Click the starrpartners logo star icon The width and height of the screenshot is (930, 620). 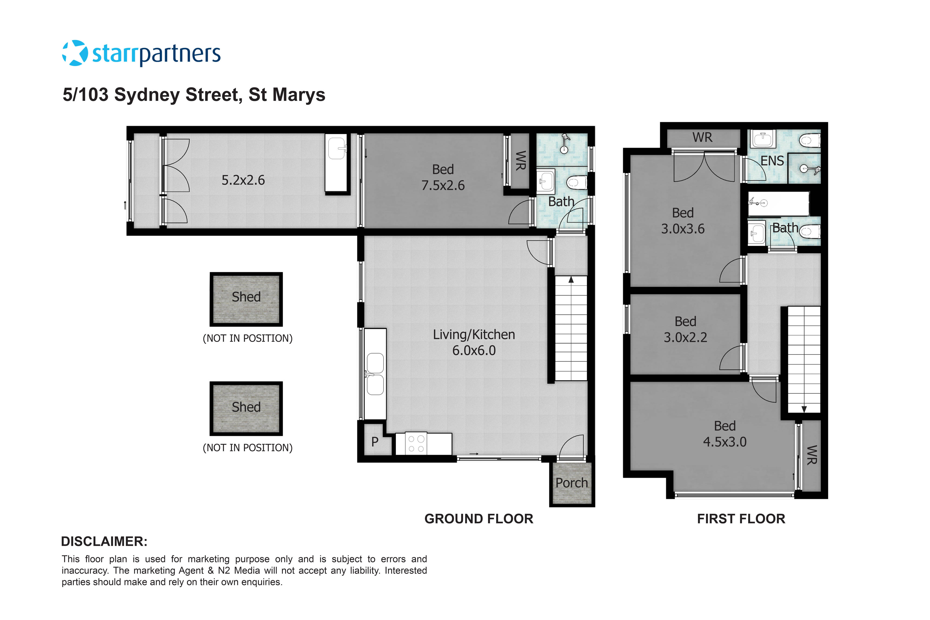[75, 53]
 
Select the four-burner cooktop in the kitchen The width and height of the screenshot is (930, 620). [416, 444]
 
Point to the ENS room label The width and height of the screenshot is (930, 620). [772, 161]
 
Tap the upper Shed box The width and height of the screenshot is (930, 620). [246, 299]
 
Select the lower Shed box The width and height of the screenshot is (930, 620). [246, 408]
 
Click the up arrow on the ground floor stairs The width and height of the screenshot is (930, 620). [571, 280]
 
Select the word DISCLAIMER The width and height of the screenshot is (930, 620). [104, 541]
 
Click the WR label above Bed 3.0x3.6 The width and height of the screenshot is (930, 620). [702, 137]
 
